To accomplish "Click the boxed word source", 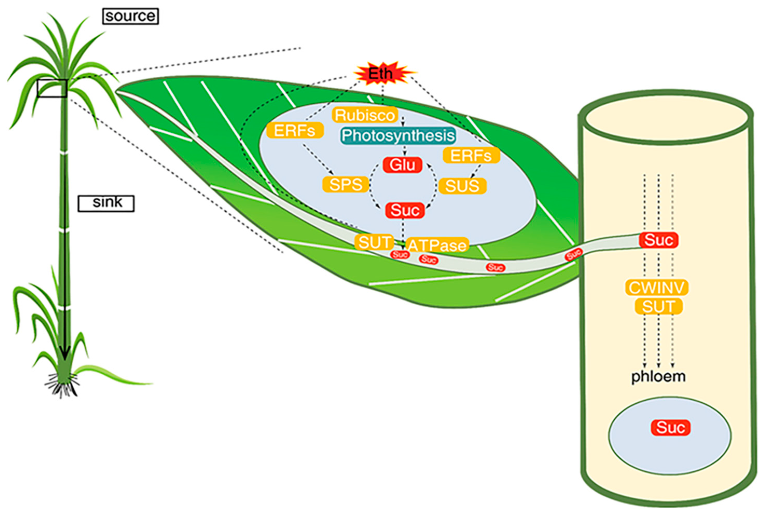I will tap(130, 16).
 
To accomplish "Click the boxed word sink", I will tap(106, 203).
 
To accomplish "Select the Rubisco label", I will tap(365, 115).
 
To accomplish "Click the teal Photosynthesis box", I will tap(398, 136).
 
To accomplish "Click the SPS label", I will tap(345, 185).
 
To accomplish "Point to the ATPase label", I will tap(437, 246).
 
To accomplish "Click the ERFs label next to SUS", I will tap(471, 156).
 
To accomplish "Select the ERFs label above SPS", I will tap(295, 131).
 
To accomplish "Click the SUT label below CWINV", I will tap(658, 307).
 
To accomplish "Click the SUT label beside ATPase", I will tap(374, 242).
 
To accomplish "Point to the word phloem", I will tap(658, 377).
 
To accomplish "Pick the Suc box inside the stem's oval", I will tap(670, 428).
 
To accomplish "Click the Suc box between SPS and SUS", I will tap(405, 210).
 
